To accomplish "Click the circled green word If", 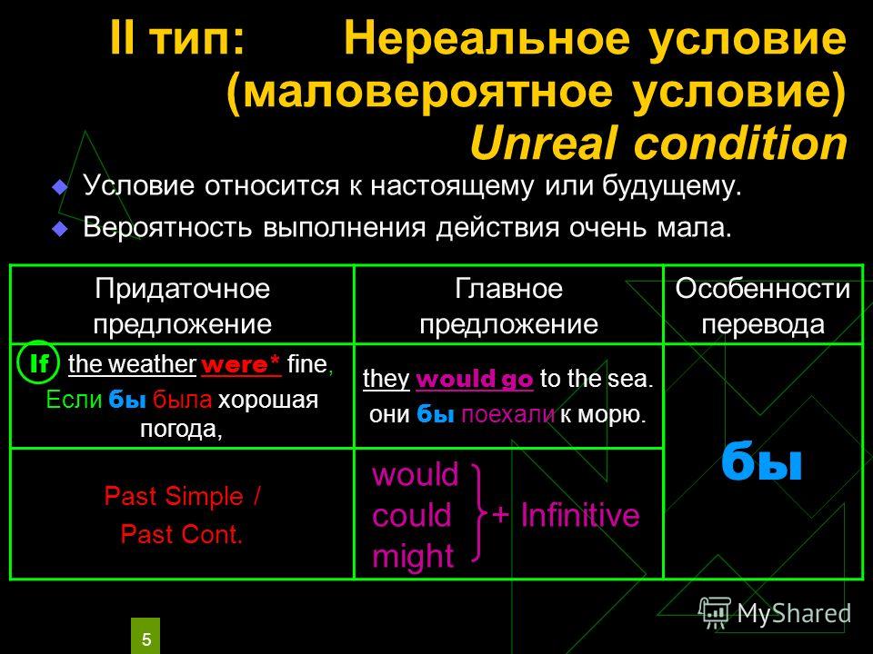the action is (38, 362).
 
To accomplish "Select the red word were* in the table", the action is (241, 365).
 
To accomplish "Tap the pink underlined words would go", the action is (475, 379).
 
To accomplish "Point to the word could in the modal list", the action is (411, 516).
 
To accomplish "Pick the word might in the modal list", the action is (413, 556).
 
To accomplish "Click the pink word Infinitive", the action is (580, 514).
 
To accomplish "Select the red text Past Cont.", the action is (182, 534).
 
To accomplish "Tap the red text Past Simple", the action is (173, 496).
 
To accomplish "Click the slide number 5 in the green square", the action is (145, 639).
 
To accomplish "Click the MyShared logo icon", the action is (715, 613).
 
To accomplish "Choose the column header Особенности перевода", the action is (763, 306).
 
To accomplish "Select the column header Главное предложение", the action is (508, 306).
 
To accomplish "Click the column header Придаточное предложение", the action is (182, 306).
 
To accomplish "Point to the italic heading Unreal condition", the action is (658, 143).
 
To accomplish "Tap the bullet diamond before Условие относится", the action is (60, 187).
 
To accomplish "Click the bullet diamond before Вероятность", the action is (60, 229).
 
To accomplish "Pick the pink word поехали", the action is (507, 415).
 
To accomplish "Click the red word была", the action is (182, 400).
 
